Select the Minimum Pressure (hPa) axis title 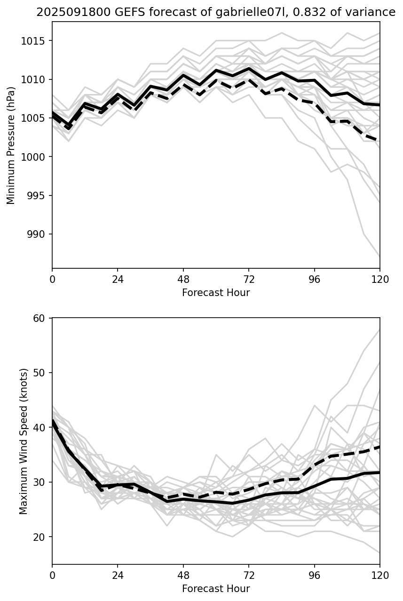point(11,145)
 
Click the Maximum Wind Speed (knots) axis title point(24,441)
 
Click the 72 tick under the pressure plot point(249,280)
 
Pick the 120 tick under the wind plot point(379,576)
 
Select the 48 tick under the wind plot point(183,576)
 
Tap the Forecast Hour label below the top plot point(216,293)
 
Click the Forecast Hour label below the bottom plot point(216,589)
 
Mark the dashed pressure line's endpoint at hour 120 point(379,140)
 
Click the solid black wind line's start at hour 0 point(53,421)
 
